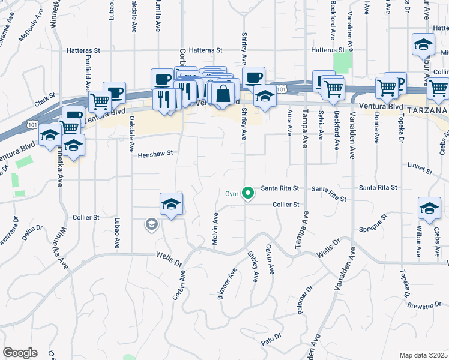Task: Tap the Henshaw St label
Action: [x=155, y=154]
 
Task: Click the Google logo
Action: [x=20, y=353]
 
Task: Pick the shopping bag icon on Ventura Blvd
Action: [x=222, y=94]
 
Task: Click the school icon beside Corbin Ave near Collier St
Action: [x=171, y=205]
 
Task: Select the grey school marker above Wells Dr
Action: [x=151, y=225]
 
